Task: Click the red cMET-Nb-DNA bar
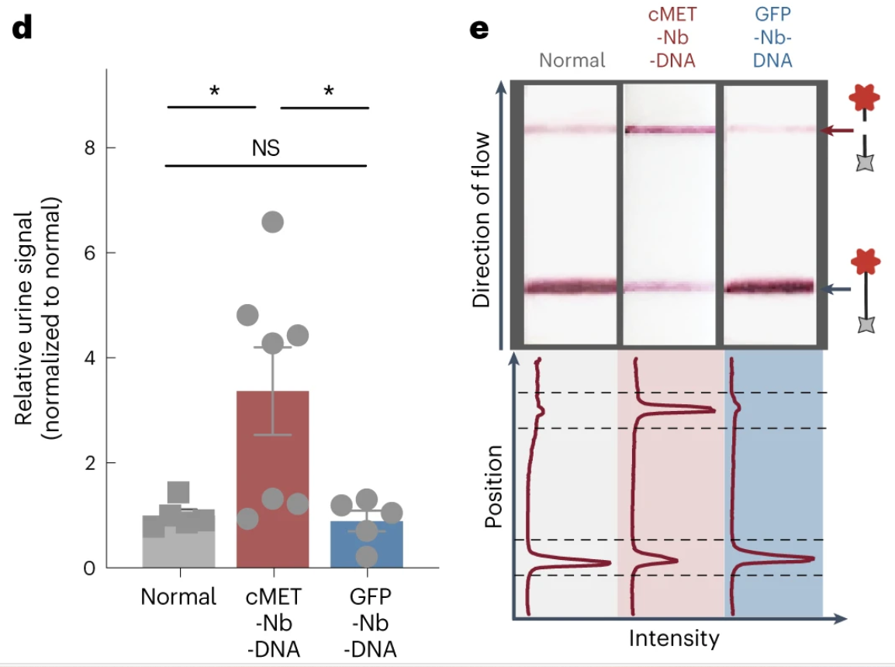(272, 479)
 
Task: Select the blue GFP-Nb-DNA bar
(366, 544)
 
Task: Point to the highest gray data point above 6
(272, 222)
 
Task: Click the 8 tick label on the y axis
(90, 148)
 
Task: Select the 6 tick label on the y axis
(90, 253)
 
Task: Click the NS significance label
(265, 148)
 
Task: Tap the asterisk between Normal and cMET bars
(214, 91)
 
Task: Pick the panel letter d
(22, 26)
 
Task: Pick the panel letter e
(479, 29)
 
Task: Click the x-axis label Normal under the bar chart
(178, 597)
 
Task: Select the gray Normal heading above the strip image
(572, 60)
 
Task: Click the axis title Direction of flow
(481, 219)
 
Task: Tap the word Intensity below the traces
(674, 638)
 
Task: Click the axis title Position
(493, 486)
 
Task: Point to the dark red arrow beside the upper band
(837, 130)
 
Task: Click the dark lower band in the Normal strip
(571, 286)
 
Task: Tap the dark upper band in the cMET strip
(669, 130)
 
